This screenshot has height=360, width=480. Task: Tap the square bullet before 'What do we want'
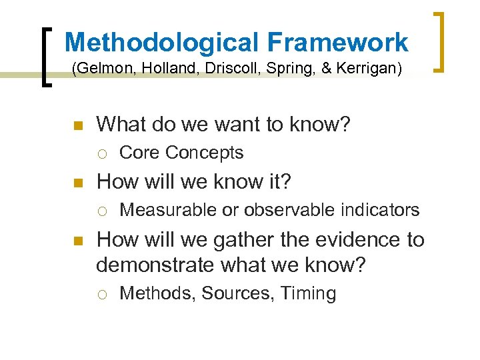(77, 125)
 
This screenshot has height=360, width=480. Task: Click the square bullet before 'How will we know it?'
(77, 183)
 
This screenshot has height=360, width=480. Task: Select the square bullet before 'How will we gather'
(77, 240)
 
